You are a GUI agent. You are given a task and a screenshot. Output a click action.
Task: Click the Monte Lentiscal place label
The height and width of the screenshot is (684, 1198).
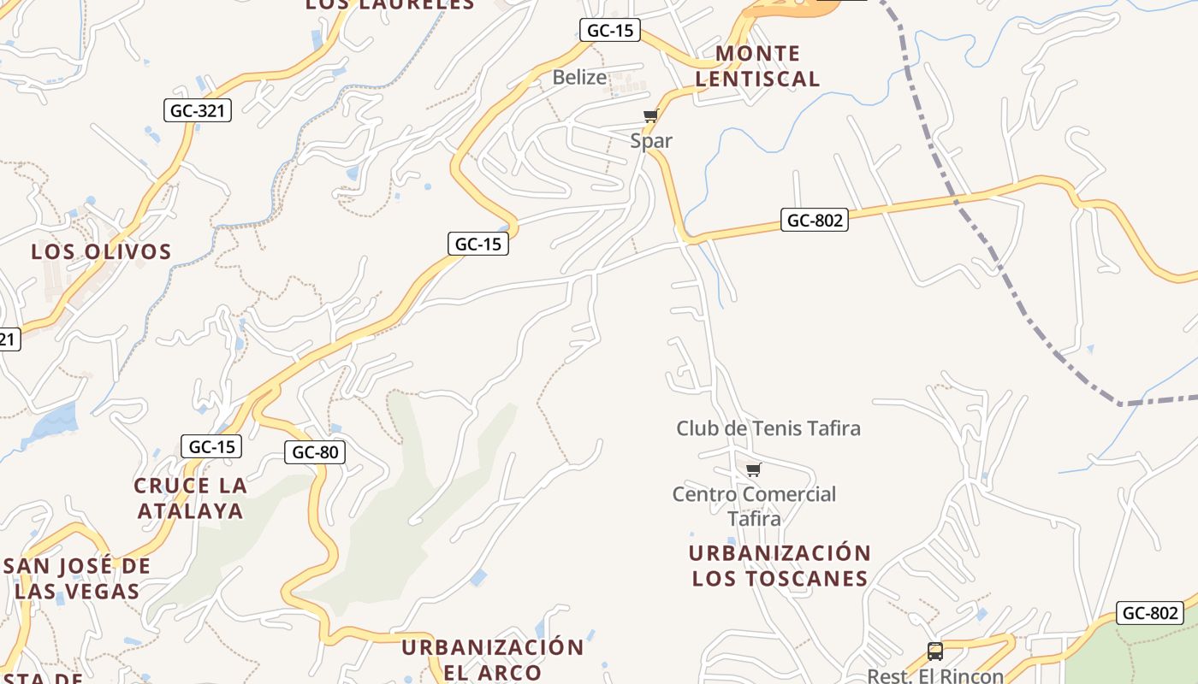pos(757,66)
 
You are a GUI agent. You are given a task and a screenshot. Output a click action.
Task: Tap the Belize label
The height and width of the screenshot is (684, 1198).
pos(579,77)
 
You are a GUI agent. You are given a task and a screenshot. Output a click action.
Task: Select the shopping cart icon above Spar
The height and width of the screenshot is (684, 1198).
pos(650,116)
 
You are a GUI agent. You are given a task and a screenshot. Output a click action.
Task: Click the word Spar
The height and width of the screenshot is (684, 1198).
pos(651,140)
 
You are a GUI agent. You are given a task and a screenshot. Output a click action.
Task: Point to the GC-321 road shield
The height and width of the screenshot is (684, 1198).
pos(199,109)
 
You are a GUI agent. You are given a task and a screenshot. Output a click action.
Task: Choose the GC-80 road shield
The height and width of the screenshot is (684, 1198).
pos(315,452)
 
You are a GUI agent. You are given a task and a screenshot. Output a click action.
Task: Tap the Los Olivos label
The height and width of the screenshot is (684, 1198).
pos(101,251)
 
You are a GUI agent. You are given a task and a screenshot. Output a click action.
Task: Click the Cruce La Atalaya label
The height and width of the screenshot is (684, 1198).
pos(190,498)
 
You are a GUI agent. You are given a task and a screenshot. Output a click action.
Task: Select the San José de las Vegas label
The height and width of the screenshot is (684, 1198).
pos(77,578)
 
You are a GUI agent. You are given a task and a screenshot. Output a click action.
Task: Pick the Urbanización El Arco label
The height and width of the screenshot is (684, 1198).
pos(493,658)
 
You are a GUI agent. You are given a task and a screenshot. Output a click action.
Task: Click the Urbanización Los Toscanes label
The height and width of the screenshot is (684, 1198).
pos(780,565)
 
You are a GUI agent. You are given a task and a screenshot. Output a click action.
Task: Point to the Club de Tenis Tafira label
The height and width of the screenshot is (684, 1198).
pos(768,427)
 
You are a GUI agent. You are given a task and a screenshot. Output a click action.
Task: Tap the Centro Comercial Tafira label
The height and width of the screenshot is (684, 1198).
pos(754,505)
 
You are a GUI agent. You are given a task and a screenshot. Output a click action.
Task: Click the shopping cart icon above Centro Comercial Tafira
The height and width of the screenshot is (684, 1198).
pos(753,469)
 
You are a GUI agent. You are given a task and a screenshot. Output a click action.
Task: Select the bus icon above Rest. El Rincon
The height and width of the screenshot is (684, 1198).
pos(935,652)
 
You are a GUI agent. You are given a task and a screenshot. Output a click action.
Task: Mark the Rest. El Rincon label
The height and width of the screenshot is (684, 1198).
pos(935,675)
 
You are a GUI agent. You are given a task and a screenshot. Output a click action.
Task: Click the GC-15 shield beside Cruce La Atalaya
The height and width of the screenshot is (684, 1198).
pos(211,446)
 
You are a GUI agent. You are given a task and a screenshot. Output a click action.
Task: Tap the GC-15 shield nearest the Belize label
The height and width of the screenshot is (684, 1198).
pos(610,31)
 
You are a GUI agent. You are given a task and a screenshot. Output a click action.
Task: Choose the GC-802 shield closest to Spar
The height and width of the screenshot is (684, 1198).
pos(815,220)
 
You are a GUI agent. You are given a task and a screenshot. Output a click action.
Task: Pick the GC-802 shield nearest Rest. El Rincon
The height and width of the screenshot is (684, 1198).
pos(1150,613)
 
